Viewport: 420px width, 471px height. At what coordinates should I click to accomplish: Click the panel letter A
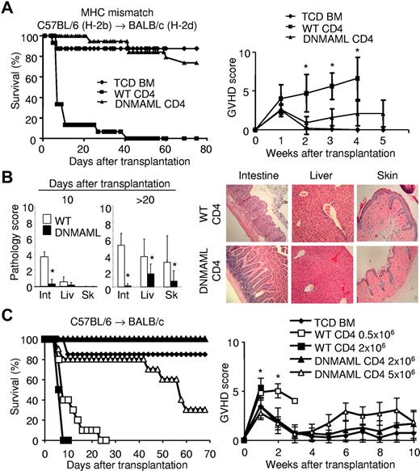click(8, 8)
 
